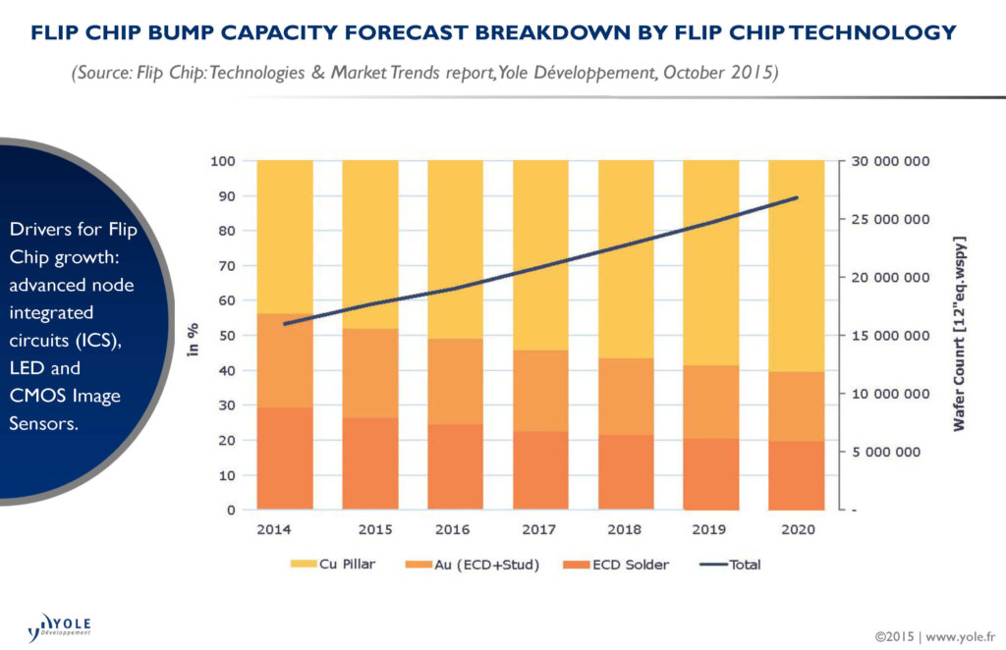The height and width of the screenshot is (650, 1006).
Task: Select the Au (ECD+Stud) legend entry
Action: pos(473,565)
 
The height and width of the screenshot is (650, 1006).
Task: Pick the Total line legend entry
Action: pos(731,565)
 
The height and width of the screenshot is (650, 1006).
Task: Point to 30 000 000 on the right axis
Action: pos(890,161)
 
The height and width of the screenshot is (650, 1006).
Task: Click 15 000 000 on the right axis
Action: pos(890,336)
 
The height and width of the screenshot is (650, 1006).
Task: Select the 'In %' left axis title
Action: pos(194,335)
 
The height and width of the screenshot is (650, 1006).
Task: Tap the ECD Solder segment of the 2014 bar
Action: pos(285,459)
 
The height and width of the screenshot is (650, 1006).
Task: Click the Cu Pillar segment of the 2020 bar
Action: pos(797,265)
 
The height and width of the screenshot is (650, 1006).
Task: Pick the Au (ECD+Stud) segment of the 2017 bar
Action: pos(540,391)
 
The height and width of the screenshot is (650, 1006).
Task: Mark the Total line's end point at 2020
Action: pos(797,197)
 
